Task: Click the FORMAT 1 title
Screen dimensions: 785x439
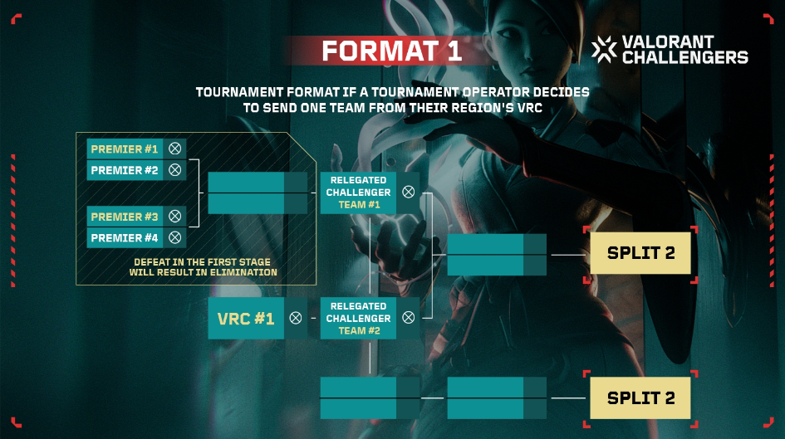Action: (391, 51)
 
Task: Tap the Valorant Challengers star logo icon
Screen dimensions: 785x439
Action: (604, 50)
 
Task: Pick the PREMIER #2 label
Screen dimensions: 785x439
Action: (124, 170)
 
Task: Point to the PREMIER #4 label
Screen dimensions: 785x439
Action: (124, 238)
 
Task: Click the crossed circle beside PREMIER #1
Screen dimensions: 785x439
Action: (174, 149)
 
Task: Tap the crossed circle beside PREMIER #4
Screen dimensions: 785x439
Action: (174, 237)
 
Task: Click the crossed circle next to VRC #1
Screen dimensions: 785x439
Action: (296, 318)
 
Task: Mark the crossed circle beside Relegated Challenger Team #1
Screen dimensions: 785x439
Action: (409, 192)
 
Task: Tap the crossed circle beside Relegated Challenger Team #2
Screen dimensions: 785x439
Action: (409, 318)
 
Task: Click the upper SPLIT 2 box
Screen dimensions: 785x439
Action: (640, 253)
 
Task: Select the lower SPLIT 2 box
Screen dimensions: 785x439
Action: (640, 398)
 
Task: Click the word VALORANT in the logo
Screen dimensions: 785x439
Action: (668, 42)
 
